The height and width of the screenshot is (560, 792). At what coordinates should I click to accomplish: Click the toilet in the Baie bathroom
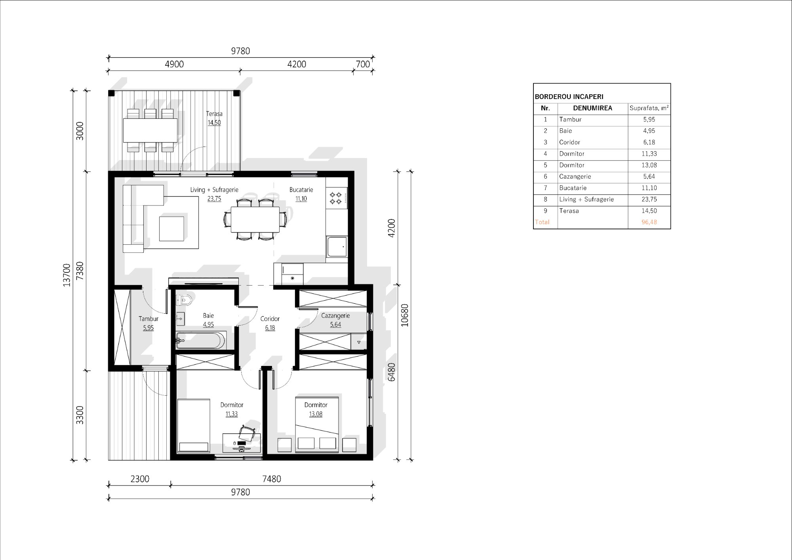[x=184, y=300]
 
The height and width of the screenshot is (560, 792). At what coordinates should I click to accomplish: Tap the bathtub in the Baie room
[x=201, y=340]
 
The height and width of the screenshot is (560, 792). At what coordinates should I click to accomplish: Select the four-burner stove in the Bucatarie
[x=336, y=198]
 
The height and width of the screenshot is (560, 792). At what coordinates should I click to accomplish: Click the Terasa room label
[x=214, y=114]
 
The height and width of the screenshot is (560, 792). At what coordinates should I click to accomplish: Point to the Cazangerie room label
[x=335, y=316]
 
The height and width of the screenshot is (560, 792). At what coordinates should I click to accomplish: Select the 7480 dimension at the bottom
[x=272, y=479]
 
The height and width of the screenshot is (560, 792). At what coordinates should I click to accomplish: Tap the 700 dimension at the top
[x=363, y=64]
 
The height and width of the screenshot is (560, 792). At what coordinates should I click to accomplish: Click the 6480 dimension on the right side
[x=392, y=372]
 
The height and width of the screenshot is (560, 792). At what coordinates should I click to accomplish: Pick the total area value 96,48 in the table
[x=649, y=222]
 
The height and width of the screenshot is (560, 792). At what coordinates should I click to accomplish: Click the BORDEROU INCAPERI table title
[x=569, y=97]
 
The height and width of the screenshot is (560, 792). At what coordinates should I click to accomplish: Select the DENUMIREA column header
[x=592, y=108]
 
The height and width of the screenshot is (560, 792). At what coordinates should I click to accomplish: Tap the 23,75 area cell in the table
[x=649, y=200]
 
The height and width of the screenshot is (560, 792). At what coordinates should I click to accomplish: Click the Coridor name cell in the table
[x=569, y=142]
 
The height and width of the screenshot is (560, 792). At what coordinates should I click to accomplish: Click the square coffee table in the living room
[x=171, y=229]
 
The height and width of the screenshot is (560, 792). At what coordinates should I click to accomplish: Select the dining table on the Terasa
[x=150, y=130]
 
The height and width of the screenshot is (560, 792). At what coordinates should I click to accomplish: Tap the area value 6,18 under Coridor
[x=270, y=328]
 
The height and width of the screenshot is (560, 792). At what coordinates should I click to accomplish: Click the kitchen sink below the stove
[x=337, y=247]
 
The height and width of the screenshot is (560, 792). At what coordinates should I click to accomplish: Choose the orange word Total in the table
[x=542, y=222]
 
